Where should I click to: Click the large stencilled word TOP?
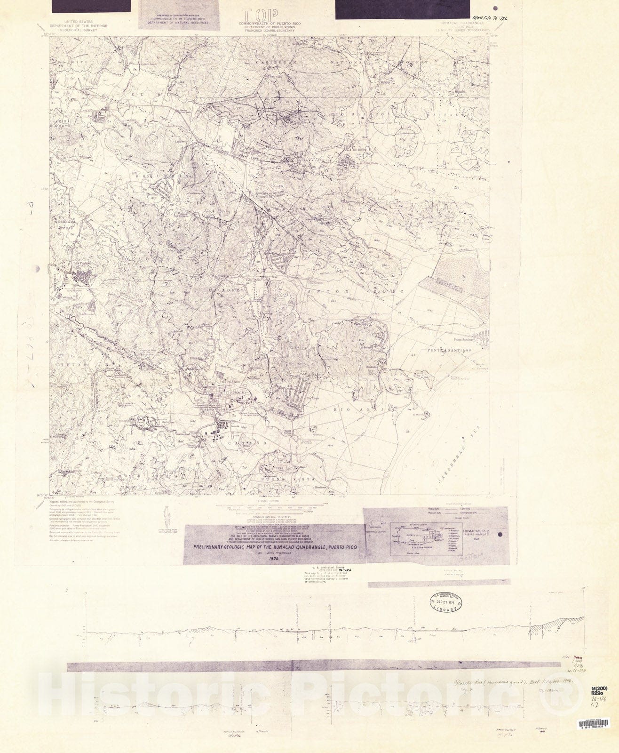tap(260, 15)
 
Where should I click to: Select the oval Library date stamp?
tap(444, 602)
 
